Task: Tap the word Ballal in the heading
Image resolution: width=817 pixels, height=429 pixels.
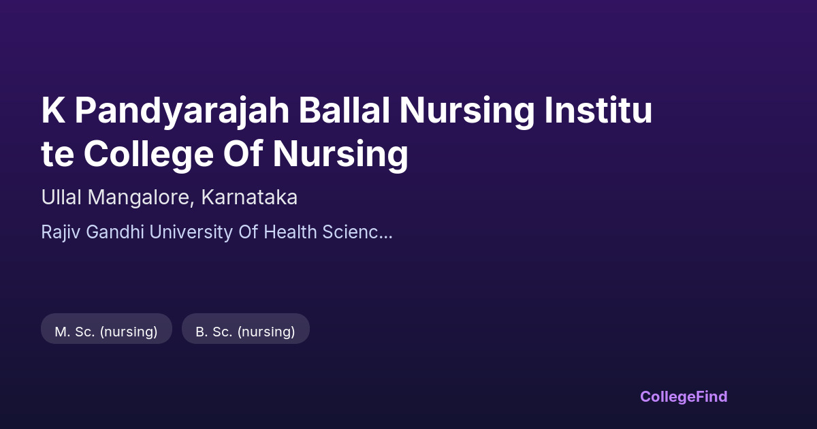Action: [x=345, y=110]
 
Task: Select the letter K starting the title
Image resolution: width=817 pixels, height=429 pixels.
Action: [x=53, y=110]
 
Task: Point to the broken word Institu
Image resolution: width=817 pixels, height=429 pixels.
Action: [x=598, y=110]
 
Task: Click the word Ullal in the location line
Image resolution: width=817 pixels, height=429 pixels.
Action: [x=61, y=197]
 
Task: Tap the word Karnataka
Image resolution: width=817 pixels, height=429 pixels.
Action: [x=249, y=197]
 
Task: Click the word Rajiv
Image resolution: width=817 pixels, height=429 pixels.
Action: [x=61, y=232]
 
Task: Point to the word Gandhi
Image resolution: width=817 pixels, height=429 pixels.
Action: [x=115, y=232]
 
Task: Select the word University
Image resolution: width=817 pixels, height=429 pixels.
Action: [x=191, y=232]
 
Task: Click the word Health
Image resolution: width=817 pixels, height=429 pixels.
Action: [x=290, y=232]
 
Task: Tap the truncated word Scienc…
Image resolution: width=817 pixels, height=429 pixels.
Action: [x=357, y=232]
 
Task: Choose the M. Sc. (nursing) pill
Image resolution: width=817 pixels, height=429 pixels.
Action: [x=106, y=329]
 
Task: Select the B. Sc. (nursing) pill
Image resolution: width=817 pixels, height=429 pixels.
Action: [x=246, y=329]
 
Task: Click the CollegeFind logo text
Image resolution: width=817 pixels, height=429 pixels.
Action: [x=684, y=396]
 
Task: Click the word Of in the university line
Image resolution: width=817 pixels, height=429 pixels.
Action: [x=249, y=232]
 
